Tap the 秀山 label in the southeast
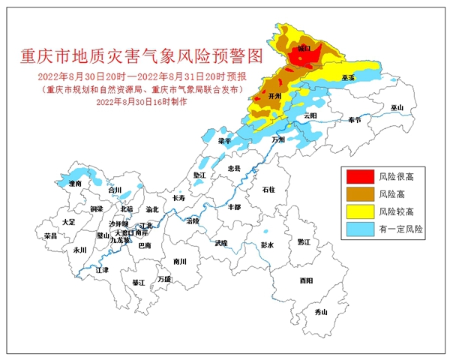pyautogui.click(x=322, y=310)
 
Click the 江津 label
pyautogui.click(x=103, y=269)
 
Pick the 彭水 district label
pyautogui.click(x=268, y=245)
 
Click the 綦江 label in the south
pyautogui.click(x=138, y=283)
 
